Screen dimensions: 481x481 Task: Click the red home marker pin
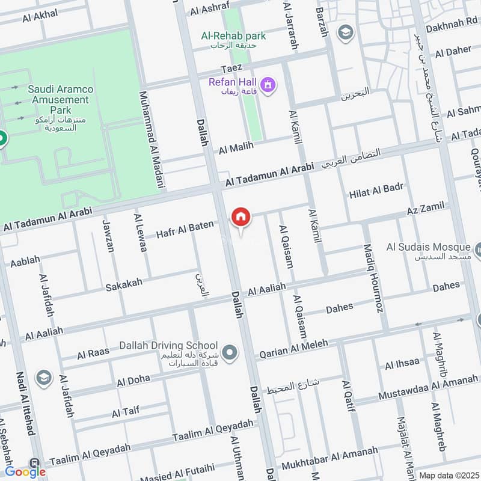pyautogui.click(x=240, y=217)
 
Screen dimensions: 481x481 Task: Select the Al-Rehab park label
pyautogui.click(x=233, y=36)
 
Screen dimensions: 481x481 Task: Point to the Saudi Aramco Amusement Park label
pyautogui.click(x=60, y=99)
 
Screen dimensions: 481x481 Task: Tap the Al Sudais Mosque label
pyautogui.click(x=428, y=247)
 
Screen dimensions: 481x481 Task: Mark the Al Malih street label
pyautogui.click(x=236, y=147)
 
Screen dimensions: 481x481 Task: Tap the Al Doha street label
pyautogui.click(x=133, y=381)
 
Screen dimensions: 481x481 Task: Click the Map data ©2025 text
pyautogui.click(x=447, y=475)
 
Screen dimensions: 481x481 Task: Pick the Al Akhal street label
pyautogui.click(x=40, y=17)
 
